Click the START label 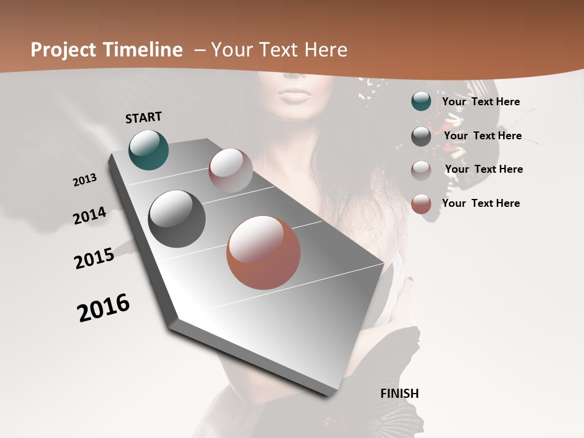point(144,117)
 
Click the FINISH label point(399,393)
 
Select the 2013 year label point(85,180)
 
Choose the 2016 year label point(103,308)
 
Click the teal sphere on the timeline point(148,150)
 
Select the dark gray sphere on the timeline point(176,219)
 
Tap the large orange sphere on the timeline point(263,252)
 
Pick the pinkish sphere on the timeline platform point(231,170)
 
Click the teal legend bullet point(421,101)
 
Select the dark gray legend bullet point(421,136)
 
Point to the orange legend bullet point(421,204)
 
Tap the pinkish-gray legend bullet point(421,170)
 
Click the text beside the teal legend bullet point(481,102)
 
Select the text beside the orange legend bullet point(481,203)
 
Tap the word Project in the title point(64,50)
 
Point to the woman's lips point(295,96)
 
